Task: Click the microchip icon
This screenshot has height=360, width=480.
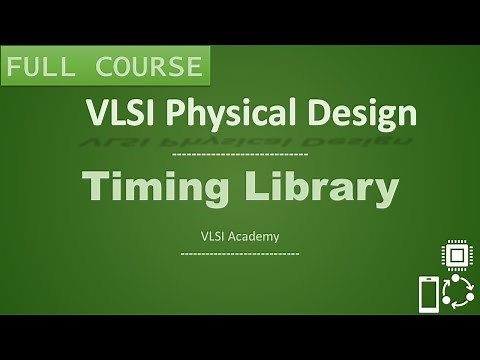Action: (x=458, y=256)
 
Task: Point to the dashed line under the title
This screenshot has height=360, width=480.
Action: (x=240, y=156)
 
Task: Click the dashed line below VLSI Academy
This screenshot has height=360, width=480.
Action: (x=240, y=254)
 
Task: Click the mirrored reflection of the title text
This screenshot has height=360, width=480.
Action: (x=240, y=140)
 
